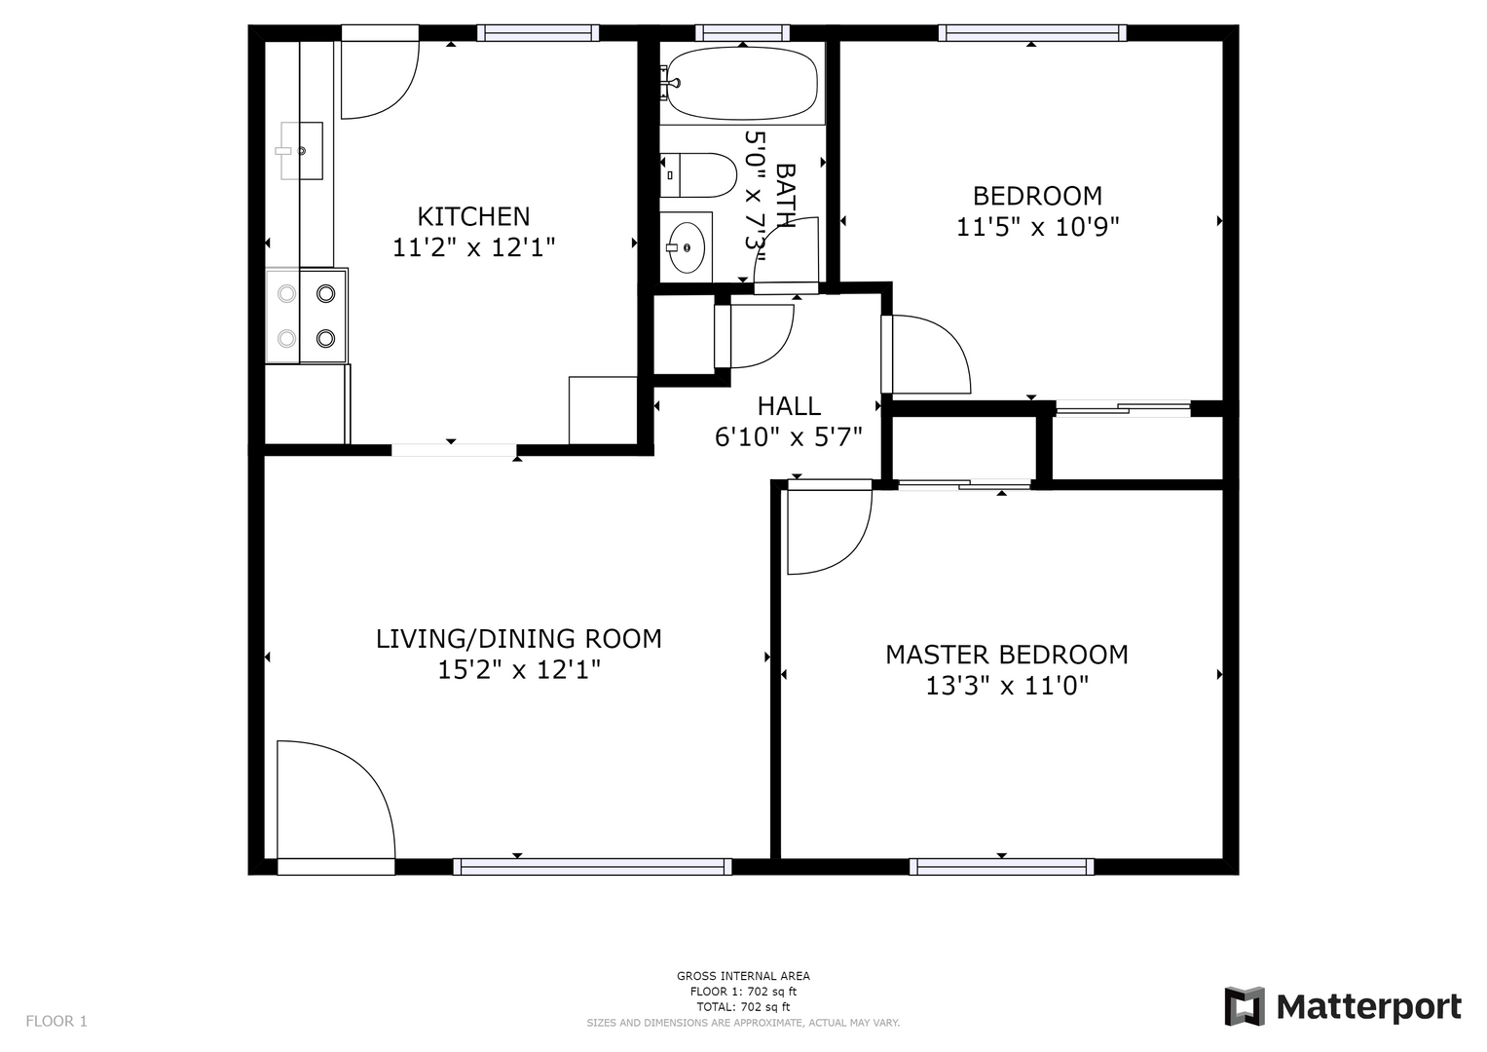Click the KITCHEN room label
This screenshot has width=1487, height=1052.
pos(473,216)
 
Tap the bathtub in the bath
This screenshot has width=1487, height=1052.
pos(742,84)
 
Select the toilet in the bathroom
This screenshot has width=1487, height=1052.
pos(698,175)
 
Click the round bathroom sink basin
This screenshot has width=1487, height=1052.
pos(687,247)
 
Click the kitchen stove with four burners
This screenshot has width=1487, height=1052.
pos(306,316)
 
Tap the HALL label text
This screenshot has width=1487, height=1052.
pos(789,406)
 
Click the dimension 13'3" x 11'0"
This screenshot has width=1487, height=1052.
pos(1007,686)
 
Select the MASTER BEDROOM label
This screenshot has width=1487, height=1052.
pos(1006,655)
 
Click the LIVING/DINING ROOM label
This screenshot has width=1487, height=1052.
pos(518,639)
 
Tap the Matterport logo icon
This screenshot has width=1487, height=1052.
pos(1245,1006)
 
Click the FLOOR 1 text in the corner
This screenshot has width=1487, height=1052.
pos(56,1021)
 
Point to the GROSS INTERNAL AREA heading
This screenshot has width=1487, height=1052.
pos(743,976)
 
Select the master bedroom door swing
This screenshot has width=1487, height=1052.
pos(829,527)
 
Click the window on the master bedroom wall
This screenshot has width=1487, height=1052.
pos(1002,867)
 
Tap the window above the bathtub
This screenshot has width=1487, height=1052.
pos(742,32)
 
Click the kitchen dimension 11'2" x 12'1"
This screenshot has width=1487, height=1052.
pos(473,247)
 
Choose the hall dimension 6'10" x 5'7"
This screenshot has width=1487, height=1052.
pos(789,437)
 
